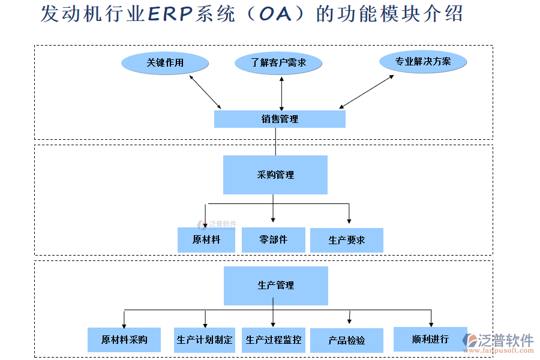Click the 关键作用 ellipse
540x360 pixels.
click(x=165, y=63)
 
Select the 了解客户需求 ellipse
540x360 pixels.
click(x=278, y=63)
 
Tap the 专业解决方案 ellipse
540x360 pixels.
click(x=423, y=62)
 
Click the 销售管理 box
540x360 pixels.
click(x=280, y=119)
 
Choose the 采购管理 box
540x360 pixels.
click(x=275, y=175)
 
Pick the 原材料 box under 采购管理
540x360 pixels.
click(x=206, y=239)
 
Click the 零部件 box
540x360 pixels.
click(x=273, y=239)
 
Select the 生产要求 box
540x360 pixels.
click(x=346, y=240)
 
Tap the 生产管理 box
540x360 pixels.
click(x=276, y=286)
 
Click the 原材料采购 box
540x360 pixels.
click(x=124, y=340)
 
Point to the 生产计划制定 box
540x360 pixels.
click(x=205, y=340)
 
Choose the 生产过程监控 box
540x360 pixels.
click(x=274, y=340)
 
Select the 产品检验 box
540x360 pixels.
click(x=347, y=340)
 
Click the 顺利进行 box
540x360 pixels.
click(x=430, y=339)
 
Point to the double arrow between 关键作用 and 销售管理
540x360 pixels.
click(x=205, y=92)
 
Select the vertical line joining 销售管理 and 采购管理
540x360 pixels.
click(x=275, y=142)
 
